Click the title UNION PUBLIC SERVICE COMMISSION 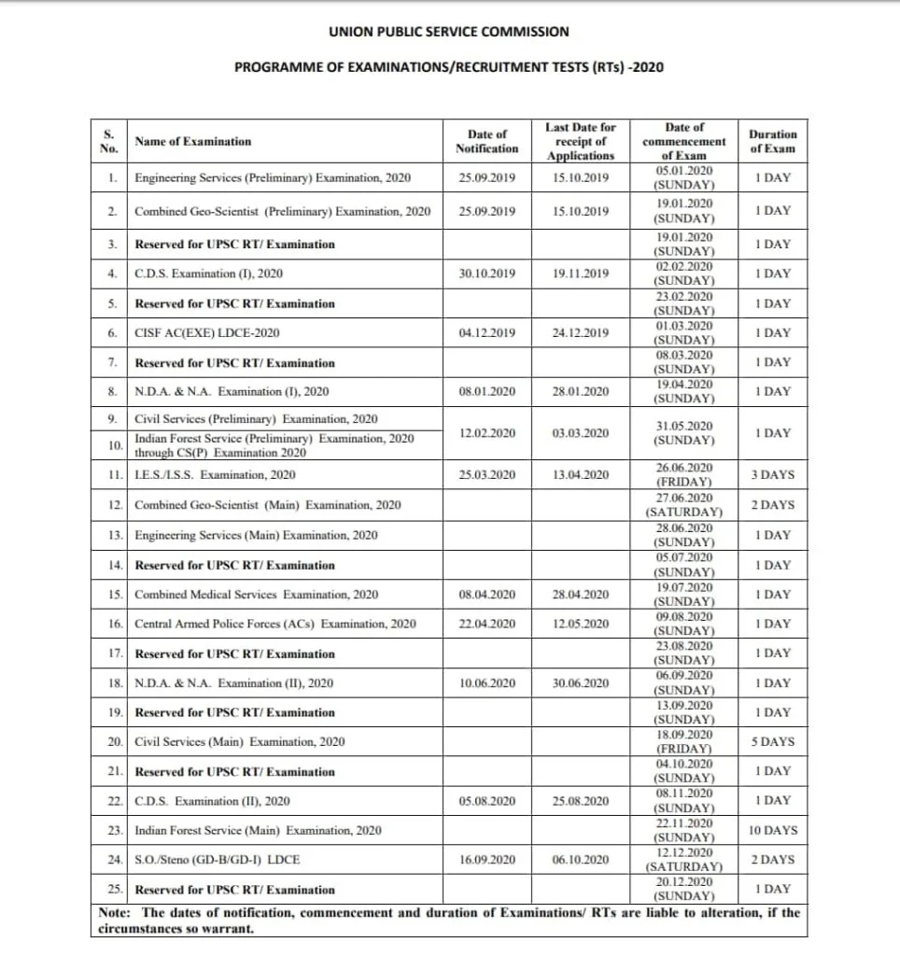click(x=448, y=32)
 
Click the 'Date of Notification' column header click(x=486, y=141)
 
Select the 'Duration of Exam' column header click(x=772, y=141)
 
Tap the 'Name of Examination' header click(x=193, y=142)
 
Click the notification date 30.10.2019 click(x=486, y=274)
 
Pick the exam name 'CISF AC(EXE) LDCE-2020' click(x=206, y=333)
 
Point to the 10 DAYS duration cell click(x=772, y=830)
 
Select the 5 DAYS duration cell click(x=772, y=742)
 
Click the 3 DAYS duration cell click(x=772, y=475)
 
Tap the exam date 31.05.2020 click(x=684, y=432)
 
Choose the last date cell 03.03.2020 click(x=580, y=433)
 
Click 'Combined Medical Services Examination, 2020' click(x=256, y=595)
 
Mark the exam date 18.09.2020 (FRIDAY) click(x=684, y=742)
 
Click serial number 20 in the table click(x=112, y=742)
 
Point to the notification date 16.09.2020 click(x=486, y=860)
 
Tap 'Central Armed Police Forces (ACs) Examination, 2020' click(x=274, y=625)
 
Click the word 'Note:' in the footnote click(x=116, y=913)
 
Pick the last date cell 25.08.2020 click(x=580, y=801)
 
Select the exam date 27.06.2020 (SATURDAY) click(x=684, y=505)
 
